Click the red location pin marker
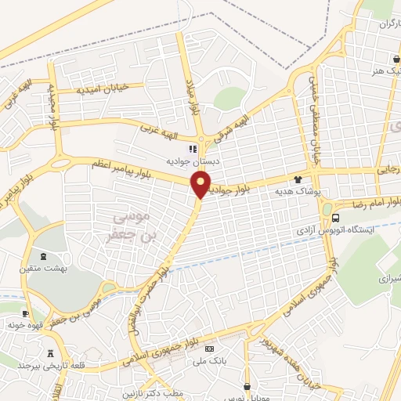click(x=201, y=185)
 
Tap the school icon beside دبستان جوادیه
click(x=192, y=148)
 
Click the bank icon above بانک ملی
click(x=209, y=347)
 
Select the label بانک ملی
click(x=213, y=360)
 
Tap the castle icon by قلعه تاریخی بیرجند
click(x=52, y=353)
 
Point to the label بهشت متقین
click(x=44, y=269)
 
